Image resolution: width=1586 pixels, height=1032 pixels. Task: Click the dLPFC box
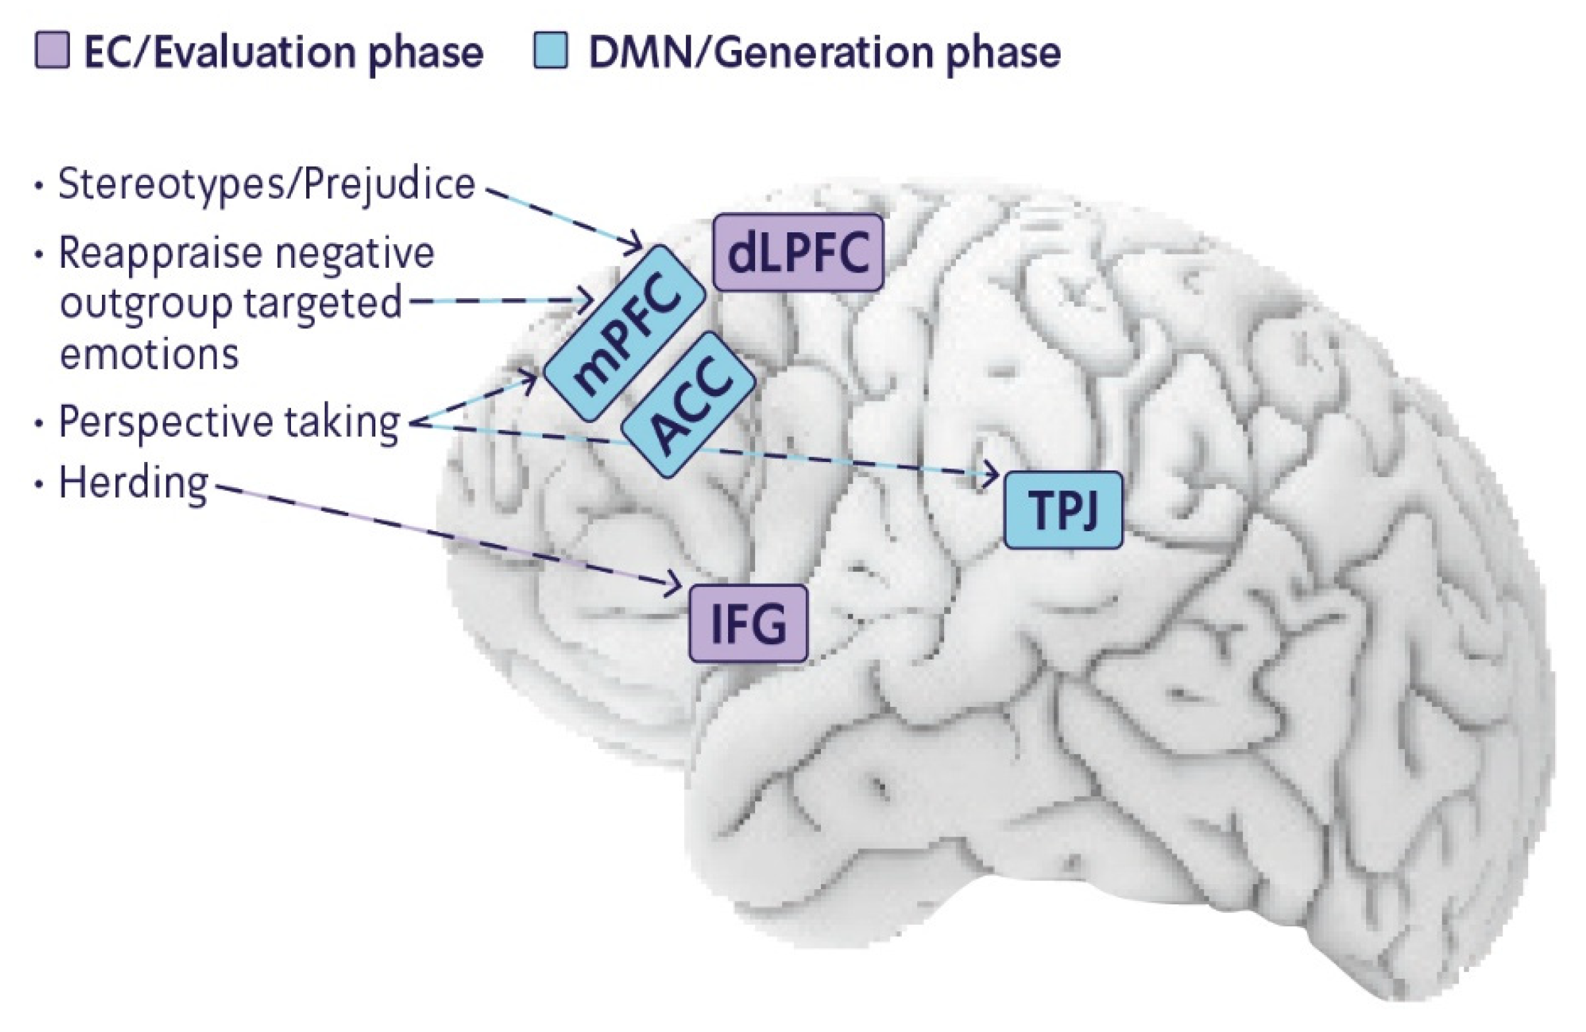point(798,253)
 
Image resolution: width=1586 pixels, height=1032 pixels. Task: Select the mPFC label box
point(623,333)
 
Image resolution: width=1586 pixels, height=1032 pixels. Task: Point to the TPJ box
point(1062,509)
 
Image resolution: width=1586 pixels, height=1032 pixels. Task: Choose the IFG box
point(748,623)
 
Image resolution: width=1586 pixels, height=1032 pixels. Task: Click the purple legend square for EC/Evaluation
point(52,52)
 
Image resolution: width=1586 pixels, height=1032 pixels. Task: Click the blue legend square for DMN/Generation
point(550,52)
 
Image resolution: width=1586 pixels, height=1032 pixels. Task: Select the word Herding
point(133,483)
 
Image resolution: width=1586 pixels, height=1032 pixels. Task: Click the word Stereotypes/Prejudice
point(267,184)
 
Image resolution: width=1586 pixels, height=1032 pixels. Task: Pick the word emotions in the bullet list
point(149,354)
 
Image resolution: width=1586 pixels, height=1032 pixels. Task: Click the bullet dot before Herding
point(40,484)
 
